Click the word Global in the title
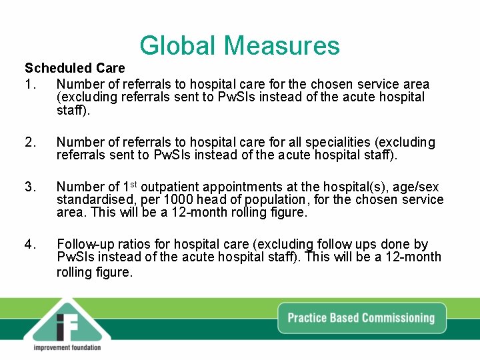click(179, 45)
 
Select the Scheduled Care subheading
click(75, 68)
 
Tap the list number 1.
click(29, 84)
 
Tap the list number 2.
click(29, 142)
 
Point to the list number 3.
click(29, 187)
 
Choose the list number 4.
click(29, 245)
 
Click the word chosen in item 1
click(334, 84)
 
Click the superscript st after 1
click(133, 185)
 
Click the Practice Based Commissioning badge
click(361, 318)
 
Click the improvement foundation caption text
click(67, 347)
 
